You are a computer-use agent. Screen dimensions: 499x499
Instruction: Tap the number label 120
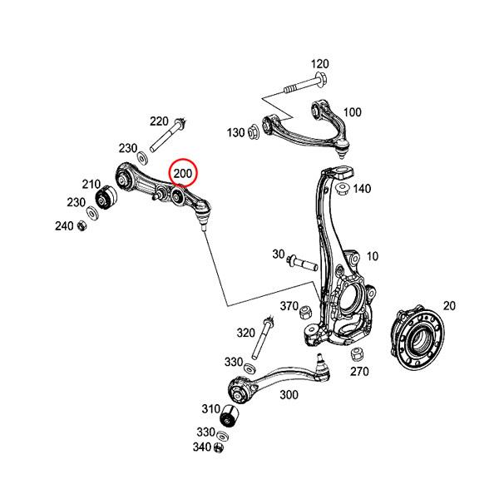pos(319,64)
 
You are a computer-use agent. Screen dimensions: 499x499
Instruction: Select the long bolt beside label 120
pos(304,85)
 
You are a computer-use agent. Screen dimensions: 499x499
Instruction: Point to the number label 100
pos(352,112)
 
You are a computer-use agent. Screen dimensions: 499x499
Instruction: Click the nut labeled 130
pos(254,132)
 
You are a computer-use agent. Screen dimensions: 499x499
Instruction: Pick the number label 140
pos(362,190)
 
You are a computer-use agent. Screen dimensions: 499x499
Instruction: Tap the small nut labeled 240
pos(82,225)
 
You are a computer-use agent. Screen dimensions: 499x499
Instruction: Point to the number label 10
pos(372,256)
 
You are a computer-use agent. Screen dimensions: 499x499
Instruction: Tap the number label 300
pos(289,395)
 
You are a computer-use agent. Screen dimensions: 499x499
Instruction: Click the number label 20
pos(449,306)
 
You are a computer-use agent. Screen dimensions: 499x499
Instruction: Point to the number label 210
pos(91,185)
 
